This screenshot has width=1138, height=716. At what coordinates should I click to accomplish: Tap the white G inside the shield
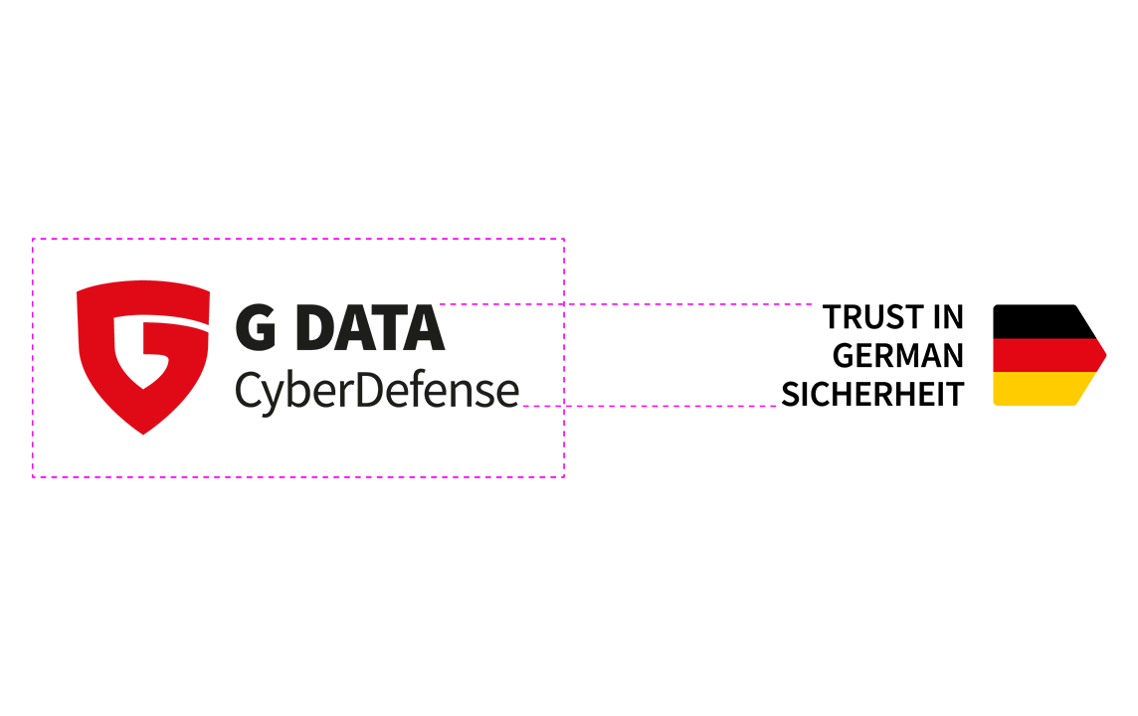(151, 351)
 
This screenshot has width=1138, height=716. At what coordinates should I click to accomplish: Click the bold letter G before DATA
(256, 328)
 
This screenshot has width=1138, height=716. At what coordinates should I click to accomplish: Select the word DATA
(370, 328)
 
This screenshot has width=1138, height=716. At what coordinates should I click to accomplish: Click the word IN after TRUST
(948, 318)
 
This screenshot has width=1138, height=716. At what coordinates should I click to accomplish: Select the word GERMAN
(898, 356)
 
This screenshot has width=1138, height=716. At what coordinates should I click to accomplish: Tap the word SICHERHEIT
(872, 395)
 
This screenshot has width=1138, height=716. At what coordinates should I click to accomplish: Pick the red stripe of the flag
(1049, 355)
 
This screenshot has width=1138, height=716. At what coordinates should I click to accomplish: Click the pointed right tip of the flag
(1106, 355)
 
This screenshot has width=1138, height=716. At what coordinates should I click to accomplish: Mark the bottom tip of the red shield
(143, 435)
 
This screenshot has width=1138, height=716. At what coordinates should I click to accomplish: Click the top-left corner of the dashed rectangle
(33, 239)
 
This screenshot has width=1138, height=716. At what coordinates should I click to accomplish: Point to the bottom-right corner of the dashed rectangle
(564, 476)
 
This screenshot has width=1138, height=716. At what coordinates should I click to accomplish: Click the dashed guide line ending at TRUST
(627, 304)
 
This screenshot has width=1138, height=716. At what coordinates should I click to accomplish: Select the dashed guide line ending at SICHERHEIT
(650, 406)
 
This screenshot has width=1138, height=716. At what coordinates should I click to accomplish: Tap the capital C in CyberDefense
(248, 390)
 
